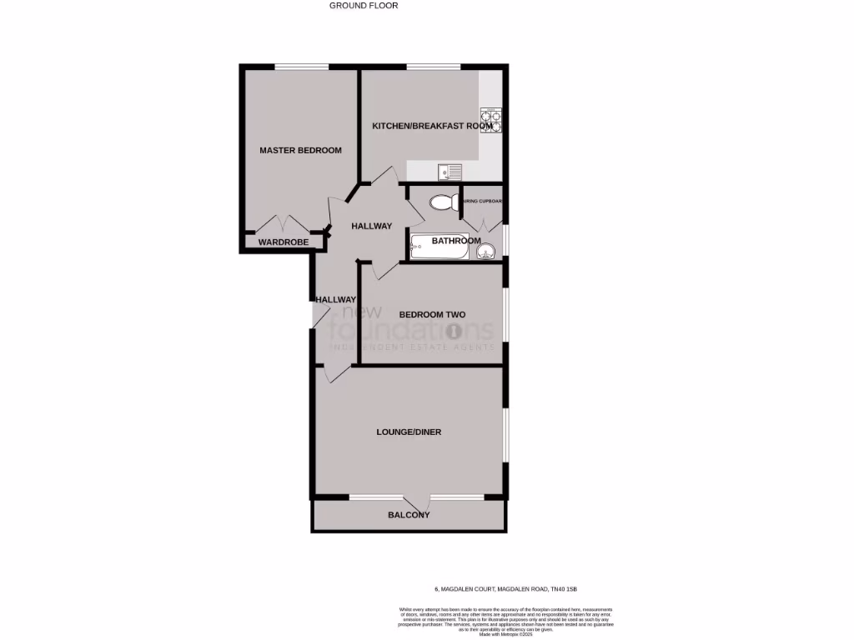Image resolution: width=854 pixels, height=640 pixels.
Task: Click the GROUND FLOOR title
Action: coord(364,6)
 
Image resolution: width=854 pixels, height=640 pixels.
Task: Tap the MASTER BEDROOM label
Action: coord(300,151)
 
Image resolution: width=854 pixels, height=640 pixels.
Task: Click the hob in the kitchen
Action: coord(491,122)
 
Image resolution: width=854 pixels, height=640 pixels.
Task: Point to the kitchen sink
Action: coord(450,172)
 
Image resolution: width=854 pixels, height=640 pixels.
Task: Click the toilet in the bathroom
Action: coord(441,202)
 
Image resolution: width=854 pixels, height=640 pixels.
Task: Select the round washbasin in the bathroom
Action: coord(490,248)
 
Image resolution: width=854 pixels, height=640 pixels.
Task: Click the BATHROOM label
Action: coord(455,242)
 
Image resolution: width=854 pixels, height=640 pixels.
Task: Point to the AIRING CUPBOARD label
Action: coord(483,201)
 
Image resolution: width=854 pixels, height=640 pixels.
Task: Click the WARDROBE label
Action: coord(283,242)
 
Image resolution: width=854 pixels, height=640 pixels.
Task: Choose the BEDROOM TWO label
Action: coord(432,315)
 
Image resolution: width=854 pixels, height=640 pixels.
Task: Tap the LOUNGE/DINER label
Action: coord(409,432)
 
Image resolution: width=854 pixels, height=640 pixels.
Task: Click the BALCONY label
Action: coord(409,515)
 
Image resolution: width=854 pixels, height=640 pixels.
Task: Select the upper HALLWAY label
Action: coord(371,226)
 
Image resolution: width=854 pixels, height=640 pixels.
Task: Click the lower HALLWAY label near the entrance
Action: coord(335,300)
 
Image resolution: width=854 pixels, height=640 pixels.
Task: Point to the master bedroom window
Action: coord(301,67)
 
